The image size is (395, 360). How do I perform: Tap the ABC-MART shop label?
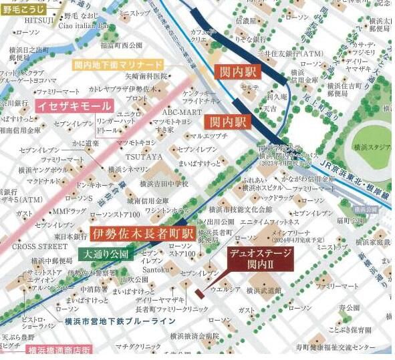[x=177, y=112]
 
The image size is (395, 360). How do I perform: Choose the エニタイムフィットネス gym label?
[x=271, y=221]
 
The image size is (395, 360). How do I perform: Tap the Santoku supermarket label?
[x=156, y=270]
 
